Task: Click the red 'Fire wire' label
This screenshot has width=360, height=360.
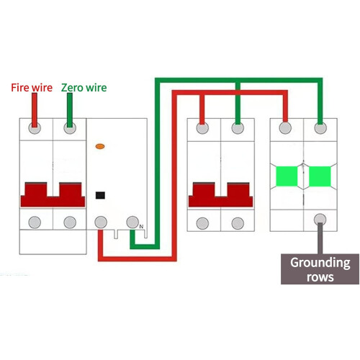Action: click(32, 88)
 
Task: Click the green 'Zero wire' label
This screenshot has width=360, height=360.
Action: click(84, 88)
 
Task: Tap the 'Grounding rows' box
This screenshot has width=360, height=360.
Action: click(320, 269)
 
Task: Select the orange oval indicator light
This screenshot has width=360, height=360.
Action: click(100, 146)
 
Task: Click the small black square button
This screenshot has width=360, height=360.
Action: click(100, 195)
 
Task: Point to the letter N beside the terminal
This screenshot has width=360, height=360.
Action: click(141, 226)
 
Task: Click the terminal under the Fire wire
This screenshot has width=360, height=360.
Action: click(35, 128)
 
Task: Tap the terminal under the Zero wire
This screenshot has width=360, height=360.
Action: click(70, 128)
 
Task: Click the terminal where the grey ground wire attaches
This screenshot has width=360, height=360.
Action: click(320, 220)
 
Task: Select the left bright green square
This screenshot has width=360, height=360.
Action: click(287, 176)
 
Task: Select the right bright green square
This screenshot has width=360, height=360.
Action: click(320, 176)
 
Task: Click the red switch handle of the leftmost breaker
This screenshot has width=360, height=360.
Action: click(53, 194)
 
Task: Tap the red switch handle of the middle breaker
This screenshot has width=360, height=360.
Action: click(220, 194)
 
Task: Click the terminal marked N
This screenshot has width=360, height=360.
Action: click(132, 222)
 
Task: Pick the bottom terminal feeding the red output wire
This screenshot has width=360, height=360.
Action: click(101, 222)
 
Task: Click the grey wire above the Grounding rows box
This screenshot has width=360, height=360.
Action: click(320, 238)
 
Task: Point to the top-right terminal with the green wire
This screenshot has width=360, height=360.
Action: click(320, 128)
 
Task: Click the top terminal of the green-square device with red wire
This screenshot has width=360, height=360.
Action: click(285, 128)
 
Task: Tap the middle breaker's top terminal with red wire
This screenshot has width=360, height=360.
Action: click(202, 128)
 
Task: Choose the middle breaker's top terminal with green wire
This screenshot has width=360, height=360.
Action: click(238, 128)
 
